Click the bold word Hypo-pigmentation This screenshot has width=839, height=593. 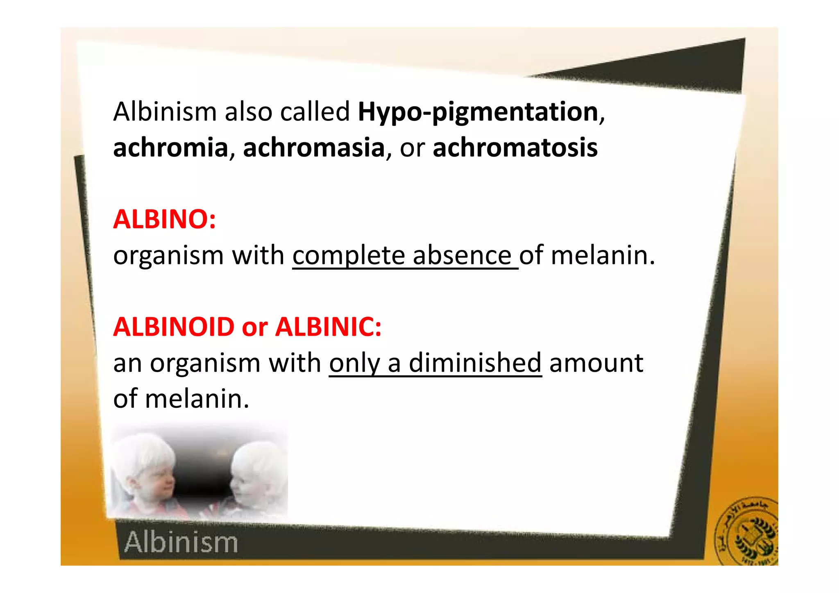coord(478,112)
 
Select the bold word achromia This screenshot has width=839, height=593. coord(170,148)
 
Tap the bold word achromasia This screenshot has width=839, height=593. coord(314,148)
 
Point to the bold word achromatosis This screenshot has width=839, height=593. coord(515,148)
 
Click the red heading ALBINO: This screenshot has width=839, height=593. coord(164,219)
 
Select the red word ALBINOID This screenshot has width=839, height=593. coord(174,327)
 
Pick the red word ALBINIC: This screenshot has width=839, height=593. coord(328,327)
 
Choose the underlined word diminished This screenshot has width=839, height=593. coord(475,363)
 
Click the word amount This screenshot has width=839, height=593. coord(596,363)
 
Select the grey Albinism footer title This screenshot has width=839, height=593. coord(181,542)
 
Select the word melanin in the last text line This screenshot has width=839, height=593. coord(197,399)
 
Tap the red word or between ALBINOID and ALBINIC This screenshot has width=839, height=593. coord(254,327)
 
